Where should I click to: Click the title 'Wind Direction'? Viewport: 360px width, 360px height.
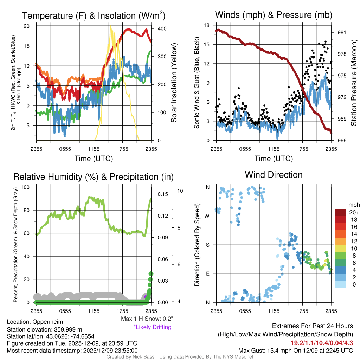click(x=274, y=175)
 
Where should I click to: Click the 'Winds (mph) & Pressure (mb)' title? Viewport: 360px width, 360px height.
click(x=274, y=15)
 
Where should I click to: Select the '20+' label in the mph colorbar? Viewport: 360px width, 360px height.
click(x=354, y=212)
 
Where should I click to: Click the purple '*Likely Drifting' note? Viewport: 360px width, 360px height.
click(x=152, y=327)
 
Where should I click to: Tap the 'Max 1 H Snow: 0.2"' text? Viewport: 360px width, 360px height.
click(x=147, y=319)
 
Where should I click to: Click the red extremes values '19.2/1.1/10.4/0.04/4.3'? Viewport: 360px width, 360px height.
click(x=322, y=343)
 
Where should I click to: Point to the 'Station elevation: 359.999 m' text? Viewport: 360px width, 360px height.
click(x=44, y=329)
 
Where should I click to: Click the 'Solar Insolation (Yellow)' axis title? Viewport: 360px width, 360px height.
click(x=174, y=83)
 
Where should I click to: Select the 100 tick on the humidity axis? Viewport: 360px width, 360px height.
click(x=26, y=187)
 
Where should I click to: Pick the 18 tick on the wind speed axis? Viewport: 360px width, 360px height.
click(x=207, y=25)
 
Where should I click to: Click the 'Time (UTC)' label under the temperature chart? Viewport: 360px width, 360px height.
click(x=94, y=159)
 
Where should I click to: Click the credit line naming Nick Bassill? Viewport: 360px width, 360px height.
click(x=180, y=357)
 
